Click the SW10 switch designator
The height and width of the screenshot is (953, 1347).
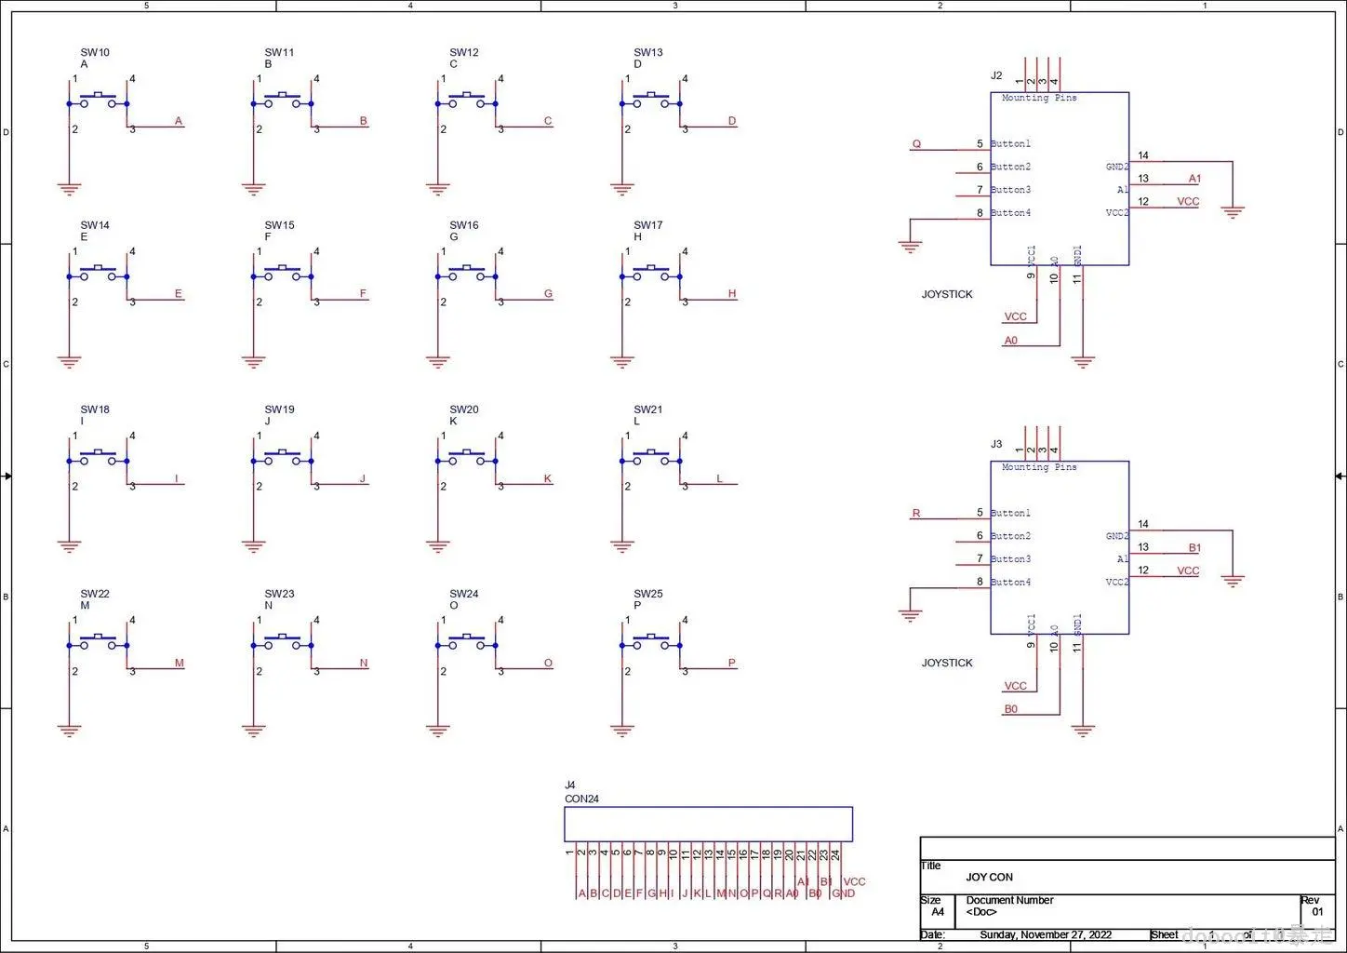[95, 53]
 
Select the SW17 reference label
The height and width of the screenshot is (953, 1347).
[648, 225]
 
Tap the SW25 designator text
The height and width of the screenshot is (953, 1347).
[648, 594]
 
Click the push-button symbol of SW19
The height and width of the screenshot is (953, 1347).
[282, 458]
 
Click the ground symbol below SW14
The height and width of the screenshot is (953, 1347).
[69, 362]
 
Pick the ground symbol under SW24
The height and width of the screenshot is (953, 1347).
[438, 731]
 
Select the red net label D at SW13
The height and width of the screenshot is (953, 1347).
[732, 121]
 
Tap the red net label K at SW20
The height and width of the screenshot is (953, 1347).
[548, 479]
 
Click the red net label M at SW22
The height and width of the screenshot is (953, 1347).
[180, 664]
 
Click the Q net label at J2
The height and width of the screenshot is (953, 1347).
[916, 144]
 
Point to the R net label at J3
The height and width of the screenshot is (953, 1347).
[916, 514]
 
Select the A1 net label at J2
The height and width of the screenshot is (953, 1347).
[1194, 179]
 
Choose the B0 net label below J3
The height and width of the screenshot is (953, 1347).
[1011, 709]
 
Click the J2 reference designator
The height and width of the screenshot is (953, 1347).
[996, 76]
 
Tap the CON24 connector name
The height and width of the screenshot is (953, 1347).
[581, 799]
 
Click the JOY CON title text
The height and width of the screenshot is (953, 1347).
[989, 877]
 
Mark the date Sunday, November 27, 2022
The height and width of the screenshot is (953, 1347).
[1046, 934]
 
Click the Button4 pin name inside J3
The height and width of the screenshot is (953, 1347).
[1011, 583]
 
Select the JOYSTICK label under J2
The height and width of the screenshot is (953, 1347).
[947, 294]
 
